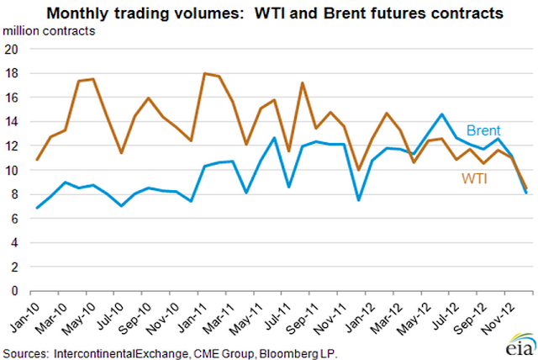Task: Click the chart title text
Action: (274, 13)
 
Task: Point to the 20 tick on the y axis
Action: (13, 49)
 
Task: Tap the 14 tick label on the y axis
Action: (13, 122)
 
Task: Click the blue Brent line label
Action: (484, 130)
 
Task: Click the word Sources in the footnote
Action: (25, 347)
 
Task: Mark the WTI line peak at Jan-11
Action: (205, 73)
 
